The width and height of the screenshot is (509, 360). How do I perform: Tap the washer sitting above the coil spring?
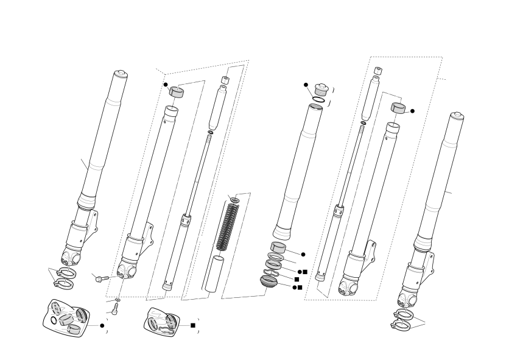pyautogui.click(x=234, y=199)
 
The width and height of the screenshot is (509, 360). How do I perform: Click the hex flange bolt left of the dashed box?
pyautogui.click(x=100, y=278)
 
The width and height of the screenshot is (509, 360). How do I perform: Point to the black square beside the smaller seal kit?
pyautogui.click(x=193, y=325)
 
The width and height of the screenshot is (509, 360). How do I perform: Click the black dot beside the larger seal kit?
pyautogui.click(x=102, y=325)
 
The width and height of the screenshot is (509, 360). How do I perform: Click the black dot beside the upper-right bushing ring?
pyautogui.click(x=412, y=111)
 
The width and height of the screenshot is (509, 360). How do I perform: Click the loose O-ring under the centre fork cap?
pyautogui.click(x=318, y=99)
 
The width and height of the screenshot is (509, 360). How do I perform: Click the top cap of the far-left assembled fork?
pyautogui.click(x=120, y=75)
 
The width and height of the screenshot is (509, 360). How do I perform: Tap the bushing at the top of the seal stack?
pyautogui.click(x=279, y=248)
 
